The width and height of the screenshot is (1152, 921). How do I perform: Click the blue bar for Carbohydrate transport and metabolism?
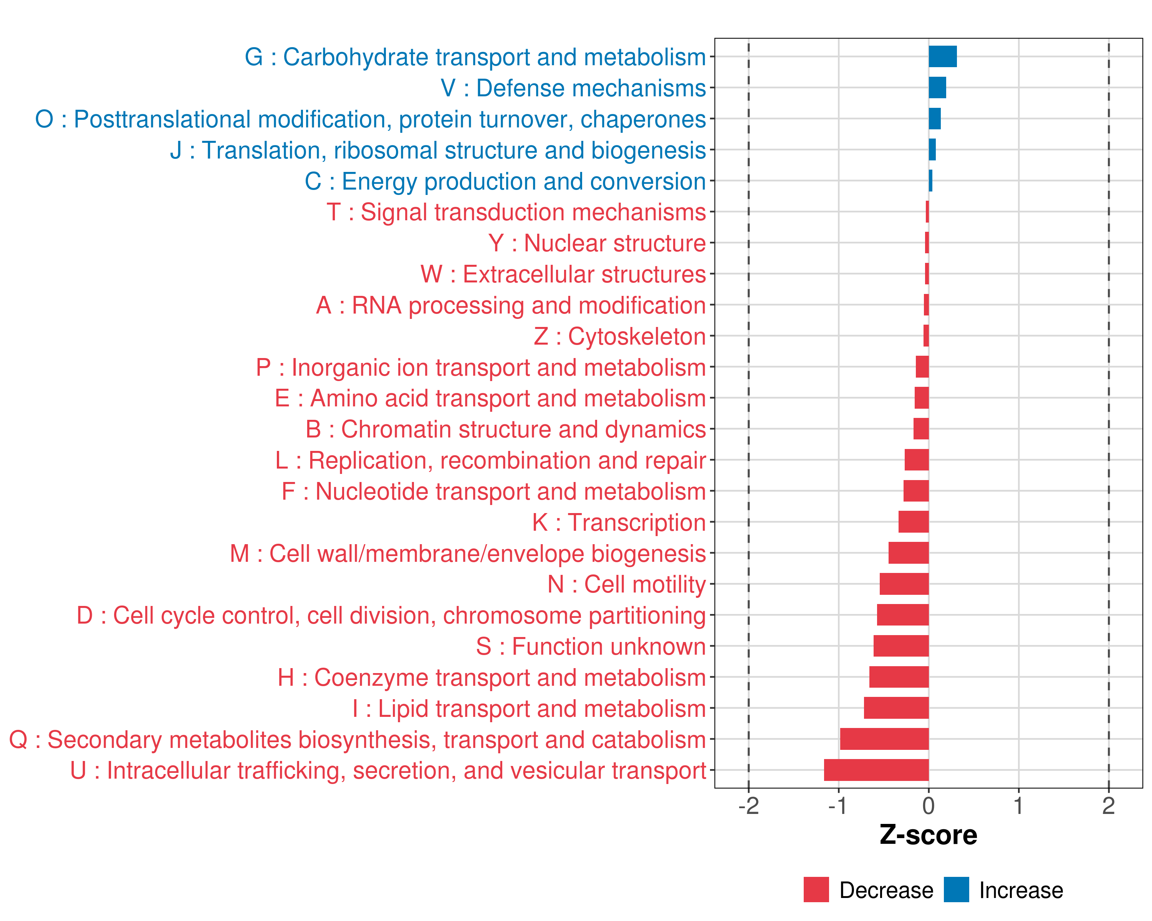(x=943, y=56)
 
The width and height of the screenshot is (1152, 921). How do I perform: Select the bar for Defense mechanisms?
(x=937, y=87)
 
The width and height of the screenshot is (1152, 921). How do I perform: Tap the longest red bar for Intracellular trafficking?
(x=876, y=770)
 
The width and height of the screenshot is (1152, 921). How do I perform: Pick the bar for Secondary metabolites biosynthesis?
(x=884, y=739)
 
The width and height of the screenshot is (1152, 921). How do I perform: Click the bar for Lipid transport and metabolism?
(x=896, y=708)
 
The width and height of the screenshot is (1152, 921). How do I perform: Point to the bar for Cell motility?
(x=904, y=584)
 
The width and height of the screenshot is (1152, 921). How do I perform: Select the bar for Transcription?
(x=914, y=522)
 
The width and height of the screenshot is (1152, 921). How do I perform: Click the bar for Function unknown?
(x=901, y=646)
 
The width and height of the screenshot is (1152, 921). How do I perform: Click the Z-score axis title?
(x=929, y=835)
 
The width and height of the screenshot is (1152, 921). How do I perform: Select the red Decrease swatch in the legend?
(x=816, y=890)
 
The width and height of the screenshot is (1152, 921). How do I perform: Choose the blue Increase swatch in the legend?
(x=956, y=890)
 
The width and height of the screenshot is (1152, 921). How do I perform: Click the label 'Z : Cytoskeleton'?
(x=620, y=337)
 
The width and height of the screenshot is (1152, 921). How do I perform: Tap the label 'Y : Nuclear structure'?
(x=597, y=243)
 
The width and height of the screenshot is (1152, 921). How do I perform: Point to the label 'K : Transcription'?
(x=619, y=522)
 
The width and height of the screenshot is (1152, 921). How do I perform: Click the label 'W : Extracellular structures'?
(x=563, y=274)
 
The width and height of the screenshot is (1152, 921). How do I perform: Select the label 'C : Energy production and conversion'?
(x=505, y=182)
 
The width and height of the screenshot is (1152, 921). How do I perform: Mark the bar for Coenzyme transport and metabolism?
(x=899, y=677)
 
